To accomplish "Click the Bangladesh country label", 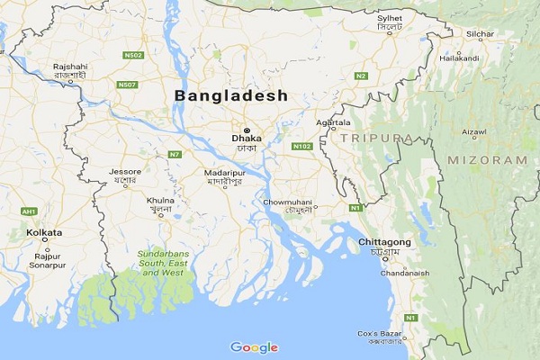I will click(230, 94).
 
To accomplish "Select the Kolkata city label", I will click(44, 232).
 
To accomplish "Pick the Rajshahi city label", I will click(69, 67).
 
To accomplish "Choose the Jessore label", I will click(124, 171).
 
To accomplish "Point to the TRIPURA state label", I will click(377, 138).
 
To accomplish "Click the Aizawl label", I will click(473, 131).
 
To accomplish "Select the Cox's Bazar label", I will click(378, 334).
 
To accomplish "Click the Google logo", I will click(254, 347).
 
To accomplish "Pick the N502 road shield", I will click(132, 55).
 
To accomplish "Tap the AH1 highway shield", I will click(30, 211).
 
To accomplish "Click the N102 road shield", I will click(301, 144).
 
